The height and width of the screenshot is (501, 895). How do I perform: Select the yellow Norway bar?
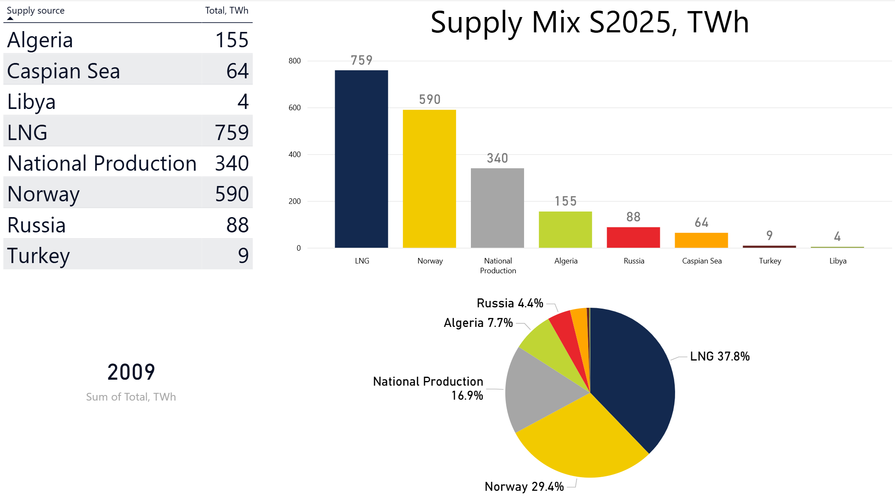tap(429, 179)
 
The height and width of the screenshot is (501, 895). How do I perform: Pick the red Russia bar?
tap(633, 238)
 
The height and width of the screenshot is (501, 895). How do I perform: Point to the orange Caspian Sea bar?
tap(701, 240)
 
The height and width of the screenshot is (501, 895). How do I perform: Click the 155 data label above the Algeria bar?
tap(565, 201)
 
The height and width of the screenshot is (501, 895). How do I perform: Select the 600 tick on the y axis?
tap(294, 108)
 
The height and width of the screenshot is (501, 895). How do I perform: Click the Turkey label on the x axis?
tap(770, 261)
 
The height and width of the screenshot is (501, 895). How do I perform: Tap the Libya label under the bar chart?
tap(838, 261)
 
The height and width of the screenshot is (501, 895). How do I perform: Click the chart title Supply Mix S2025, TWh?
tap(589, 22)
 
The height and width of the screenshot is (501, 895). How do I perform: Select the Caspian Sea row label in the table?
tap(63, 71)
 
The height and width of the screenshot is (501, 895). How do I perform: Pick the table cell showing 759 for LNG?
tap(231, 132)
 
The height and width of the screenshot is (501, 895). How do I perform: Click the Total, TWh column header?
tap(226, 11)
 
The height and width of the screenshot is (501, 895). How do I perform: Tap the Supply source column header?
tap(36, 11)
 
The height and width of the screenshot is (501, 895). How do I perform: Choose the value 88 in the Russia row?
tap(237, 225)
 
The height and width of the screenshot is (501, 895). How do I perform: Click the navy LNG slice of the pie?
tap(634, 375)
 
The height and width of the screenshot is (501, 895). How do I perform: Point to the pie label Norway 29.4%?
tap(524, 487)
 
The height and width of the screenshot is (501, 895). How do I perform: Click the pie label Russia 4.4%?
tap(510, 303)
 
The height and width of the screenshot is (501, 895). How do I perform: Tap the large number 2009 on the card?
tap(131, 372)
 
